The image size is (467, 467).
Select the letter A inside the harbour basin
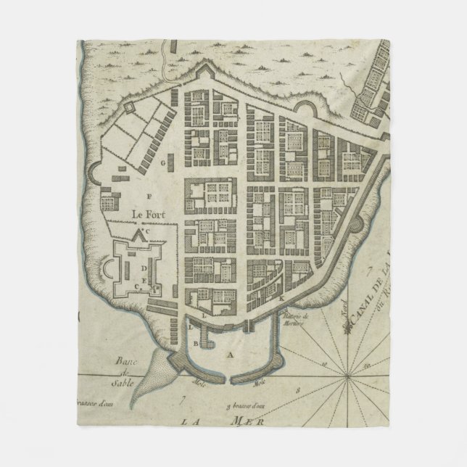pos(230,355)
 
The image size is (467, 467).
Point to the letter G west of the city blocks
pos(163,164)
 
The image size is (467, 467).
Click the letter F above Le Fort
pos(149,197)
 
